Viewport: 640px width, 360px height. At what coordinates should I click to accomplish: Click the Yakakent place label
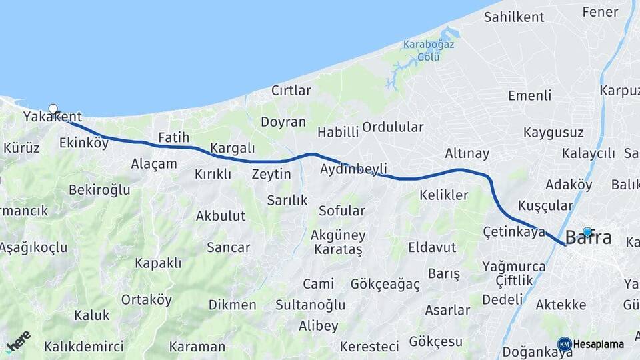52,117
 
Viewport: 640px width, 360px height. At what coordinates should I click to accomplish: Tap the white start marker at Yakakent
53,109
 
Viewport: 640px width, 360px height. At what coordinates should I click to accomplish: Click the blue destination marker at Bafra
587,232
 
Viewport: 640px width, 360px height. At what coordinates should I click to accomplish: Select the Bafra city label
588,238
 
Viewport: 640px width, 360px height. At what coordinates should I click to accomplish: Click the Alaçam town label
154,164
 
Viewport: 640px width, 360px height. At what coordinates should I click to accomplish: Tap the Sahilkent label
514,17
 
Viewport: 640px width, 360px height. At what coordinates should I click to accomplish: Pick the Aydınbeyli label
353,169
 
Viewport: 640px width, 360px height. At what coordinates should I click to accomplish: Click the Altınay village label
467,153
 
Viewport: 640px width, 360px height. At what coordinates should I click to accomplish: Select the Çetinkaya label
514,232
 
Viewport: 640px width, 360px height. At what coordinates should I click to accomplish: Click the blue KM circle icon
564,344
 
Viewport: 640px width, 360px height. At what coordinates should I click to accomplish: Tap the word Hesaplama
599,345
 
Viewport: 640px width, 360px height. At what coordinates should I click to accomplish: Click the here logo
17,341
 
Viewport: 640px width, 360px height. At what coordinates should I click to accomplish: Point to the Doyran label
283,122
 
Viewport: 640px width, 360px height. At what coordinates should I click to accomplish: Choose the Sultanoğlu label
311,305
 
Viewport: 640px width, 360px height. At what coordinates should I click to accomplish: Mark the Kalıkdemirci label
84,347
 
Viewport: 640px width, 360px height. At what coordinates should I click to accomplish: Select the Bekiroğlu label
99,190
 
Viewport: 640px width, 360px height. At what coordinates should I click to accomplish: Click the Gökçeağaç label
385,285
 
